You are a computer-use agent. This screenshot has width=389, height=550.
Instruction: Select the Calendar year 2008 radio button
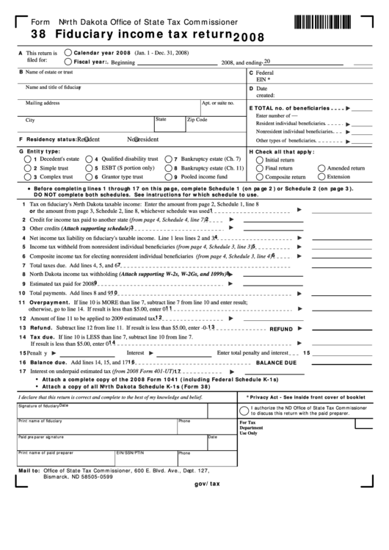(x=68, y=52)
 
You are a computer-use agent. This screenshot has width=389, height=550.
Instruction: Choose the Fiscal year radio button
(x=68, y=62)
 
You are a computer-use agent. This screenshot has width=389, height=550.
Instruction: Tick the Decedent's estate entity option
(x=29, y=159)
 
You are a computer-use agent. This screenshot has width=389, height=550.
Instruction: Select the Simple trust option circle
(x=29, y=168)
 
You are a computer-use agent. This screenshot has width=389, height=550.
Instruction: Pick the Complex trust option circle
(x=29, y=177)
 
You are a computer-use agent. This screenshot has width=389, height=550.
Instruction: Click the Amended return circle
(x=321, y=168)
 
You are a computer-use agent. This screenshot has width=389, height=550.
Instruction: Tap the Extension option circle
(x=321, y=177)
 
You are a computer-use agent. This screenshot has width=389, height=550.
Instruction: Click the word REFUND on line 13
(x=281, y=330)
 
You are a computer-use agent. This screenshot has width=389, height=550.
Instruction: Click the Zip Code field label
(x=197, y=119)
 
